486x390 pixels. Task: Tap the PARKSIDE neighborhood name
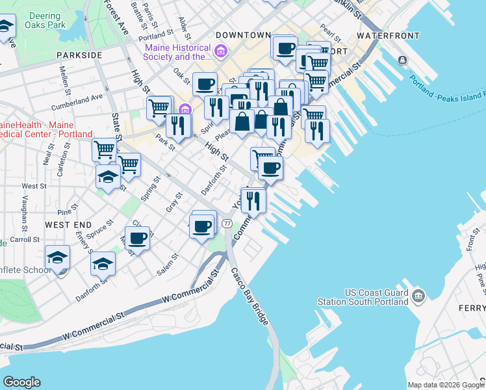[79, 55]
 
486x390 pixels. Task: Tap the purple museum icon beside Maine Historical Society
[221, 51]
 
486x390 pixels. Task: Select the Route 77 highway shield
[227, 224]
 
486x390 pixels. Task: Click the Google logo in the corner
[21, 382]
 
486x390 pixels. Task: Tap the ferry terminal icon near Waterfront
[403, 60]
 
